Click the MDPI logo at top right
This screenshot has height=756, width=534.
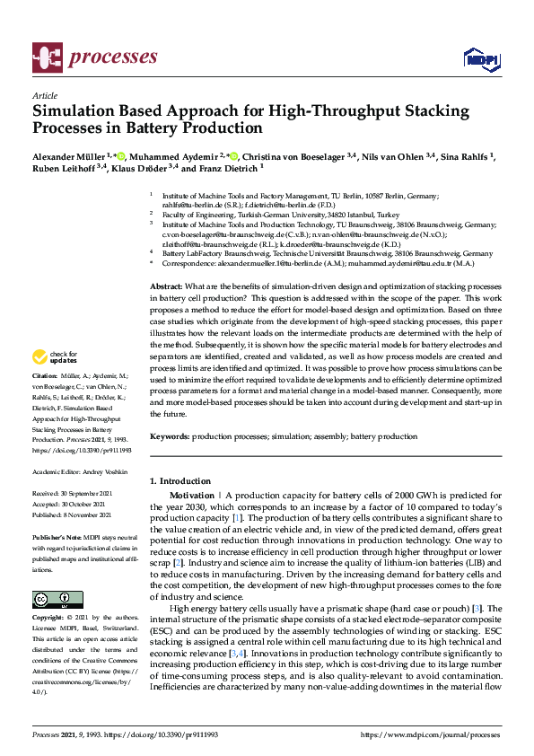[x=480, y=59]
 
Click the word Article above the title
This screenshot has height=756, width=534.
[x=44, y=95]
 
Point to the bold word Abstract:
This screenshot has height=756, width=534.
[x=166, y=285]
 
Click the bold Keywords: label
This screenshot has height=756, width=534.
[x=170, y=435]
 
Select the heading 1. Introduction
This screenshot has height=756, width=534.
[x=179, y=481]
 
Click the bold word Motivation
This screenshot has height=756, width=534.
[x=192, y=496]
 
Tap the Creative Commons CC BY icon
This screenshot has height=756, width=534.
[x=57, y=599]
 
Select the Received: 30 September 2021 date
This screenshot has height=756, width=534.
[x=80, y=494]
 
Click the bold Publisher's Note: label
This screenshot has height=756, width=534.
[x=57, y=536]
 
